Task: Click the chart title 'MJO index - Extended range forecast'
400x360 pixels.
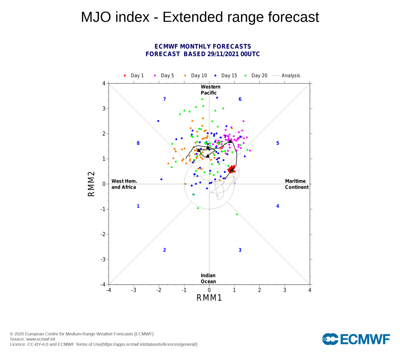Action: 200,17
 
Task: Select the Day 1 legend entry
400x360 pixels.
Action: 134,75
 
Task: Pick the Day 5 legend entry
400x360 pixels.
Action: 164,75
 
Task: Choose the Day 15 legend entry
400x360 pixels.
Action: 226,75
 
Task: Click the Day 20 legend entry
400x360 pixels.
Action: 256,75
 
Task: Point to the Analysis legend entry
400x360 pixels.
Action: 286,75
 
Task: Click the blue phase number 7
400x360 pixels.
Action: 164,99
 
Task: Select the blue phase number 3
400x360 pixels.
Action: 240,250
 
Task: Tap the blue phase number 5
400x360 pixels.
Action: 278,143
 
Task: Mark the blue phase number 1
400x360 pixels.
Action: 138,206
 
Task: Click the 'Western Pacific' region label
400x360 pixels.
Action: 211,90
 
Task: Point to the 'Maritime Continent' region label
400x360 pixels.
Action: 297,184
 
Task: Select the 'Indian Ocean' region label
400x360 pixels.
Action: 208,278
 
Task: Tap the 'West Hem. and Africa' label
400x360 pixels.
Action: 124,184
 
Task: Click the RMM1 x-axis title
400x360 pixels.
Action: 209,298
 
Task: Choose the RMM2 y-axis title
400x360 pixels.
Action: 91,184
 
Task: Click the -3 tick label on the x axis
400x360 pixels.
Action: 134,290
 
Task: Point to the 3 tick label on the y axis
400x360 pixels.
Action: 104,109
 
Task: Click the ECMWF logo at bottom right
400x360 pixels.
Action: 356,339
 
